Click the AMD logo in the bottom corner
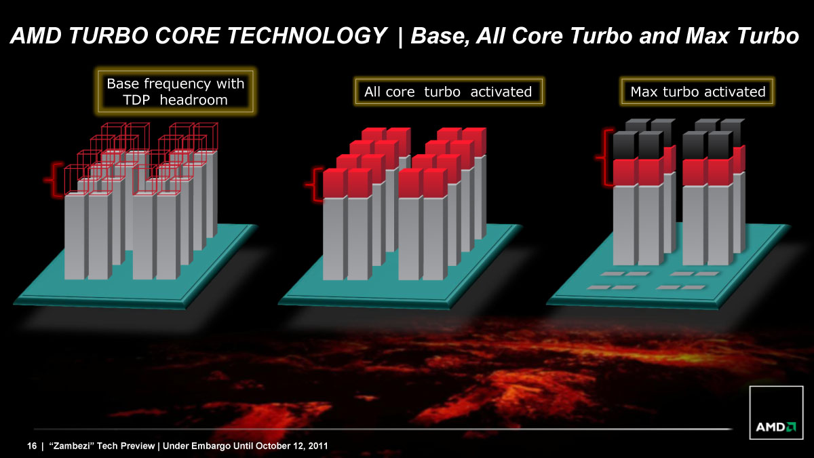[776, 413]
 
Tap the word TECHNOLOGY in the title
[305, 36]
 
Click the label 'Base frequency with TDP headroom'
[176, 92]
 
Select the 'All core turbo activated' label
[448, 92]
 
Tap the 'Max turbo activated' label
[698, 92]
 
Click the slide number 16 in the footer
[32, 446]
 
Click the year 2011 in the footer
[318, 446]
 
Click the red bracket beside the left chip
[54, 180]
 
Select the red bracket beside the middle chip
[314, 185]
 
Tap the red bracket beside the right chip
[604, 157]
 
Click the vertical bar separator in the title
[400, 37]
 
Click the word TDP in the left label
[136, 100]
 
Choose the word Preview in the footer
[138, 446]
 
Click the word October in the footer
[271, 446]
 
